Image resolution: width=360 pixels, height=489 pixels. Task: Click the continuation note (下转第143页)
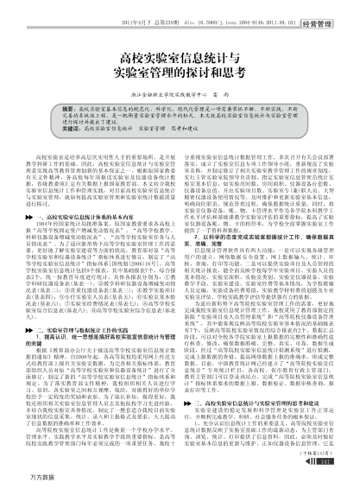coord(319,452)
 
